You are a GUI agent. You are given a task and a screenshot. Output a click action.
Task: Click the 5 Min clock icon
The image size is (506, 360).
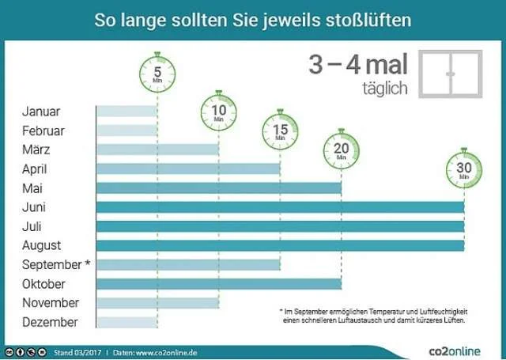tap(157, 74)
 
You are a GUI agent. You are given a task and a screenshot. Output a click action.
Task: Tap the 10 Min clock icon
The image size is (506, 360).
tap(219, 112)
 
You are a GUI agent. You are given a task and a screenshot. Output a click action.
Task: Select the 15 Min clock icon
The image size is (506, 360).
tap(280, 131)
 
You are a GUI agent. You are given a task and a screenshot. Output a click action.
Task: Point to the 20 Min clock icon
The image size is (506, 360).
tap(341, 150)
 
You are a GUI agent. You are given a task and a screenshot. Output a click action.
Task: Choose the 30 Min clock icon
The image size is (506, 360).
tap(463, 169)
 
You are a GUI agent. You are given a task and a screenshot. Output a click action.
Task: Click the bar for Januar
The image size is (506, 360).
tap(126, 112)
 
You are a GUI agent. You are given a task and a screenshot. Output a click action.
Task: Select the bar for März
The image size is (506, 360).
tap(157, 150)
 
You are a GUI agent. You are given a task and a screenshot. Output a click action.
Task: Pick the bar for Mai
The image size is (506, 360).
tap(218, 188)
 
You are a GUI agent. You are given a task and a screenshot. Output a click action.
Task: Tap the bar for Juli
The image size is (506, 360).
tap(280, 226)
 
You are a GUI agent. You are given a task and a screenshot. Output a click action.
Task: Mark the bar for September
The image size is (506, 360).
tap(188, 264)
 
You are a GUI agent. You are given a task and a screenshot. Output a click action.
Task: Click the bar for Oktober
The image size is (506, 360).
tap(218, 283)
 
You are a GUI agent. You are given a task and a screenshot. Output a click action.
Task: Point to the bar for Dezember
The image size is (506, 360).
tap(126, 322)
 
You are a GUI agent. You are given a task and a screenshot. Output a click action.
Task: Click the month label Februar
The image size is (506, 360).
tap(43, 131)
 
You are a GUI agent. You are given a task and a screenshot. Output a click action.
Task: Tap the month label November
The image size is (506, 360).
tap(50, 303)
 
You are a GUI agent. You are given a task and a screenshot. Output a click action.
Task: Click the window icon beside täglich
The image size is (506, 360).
tap(451, 74)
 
